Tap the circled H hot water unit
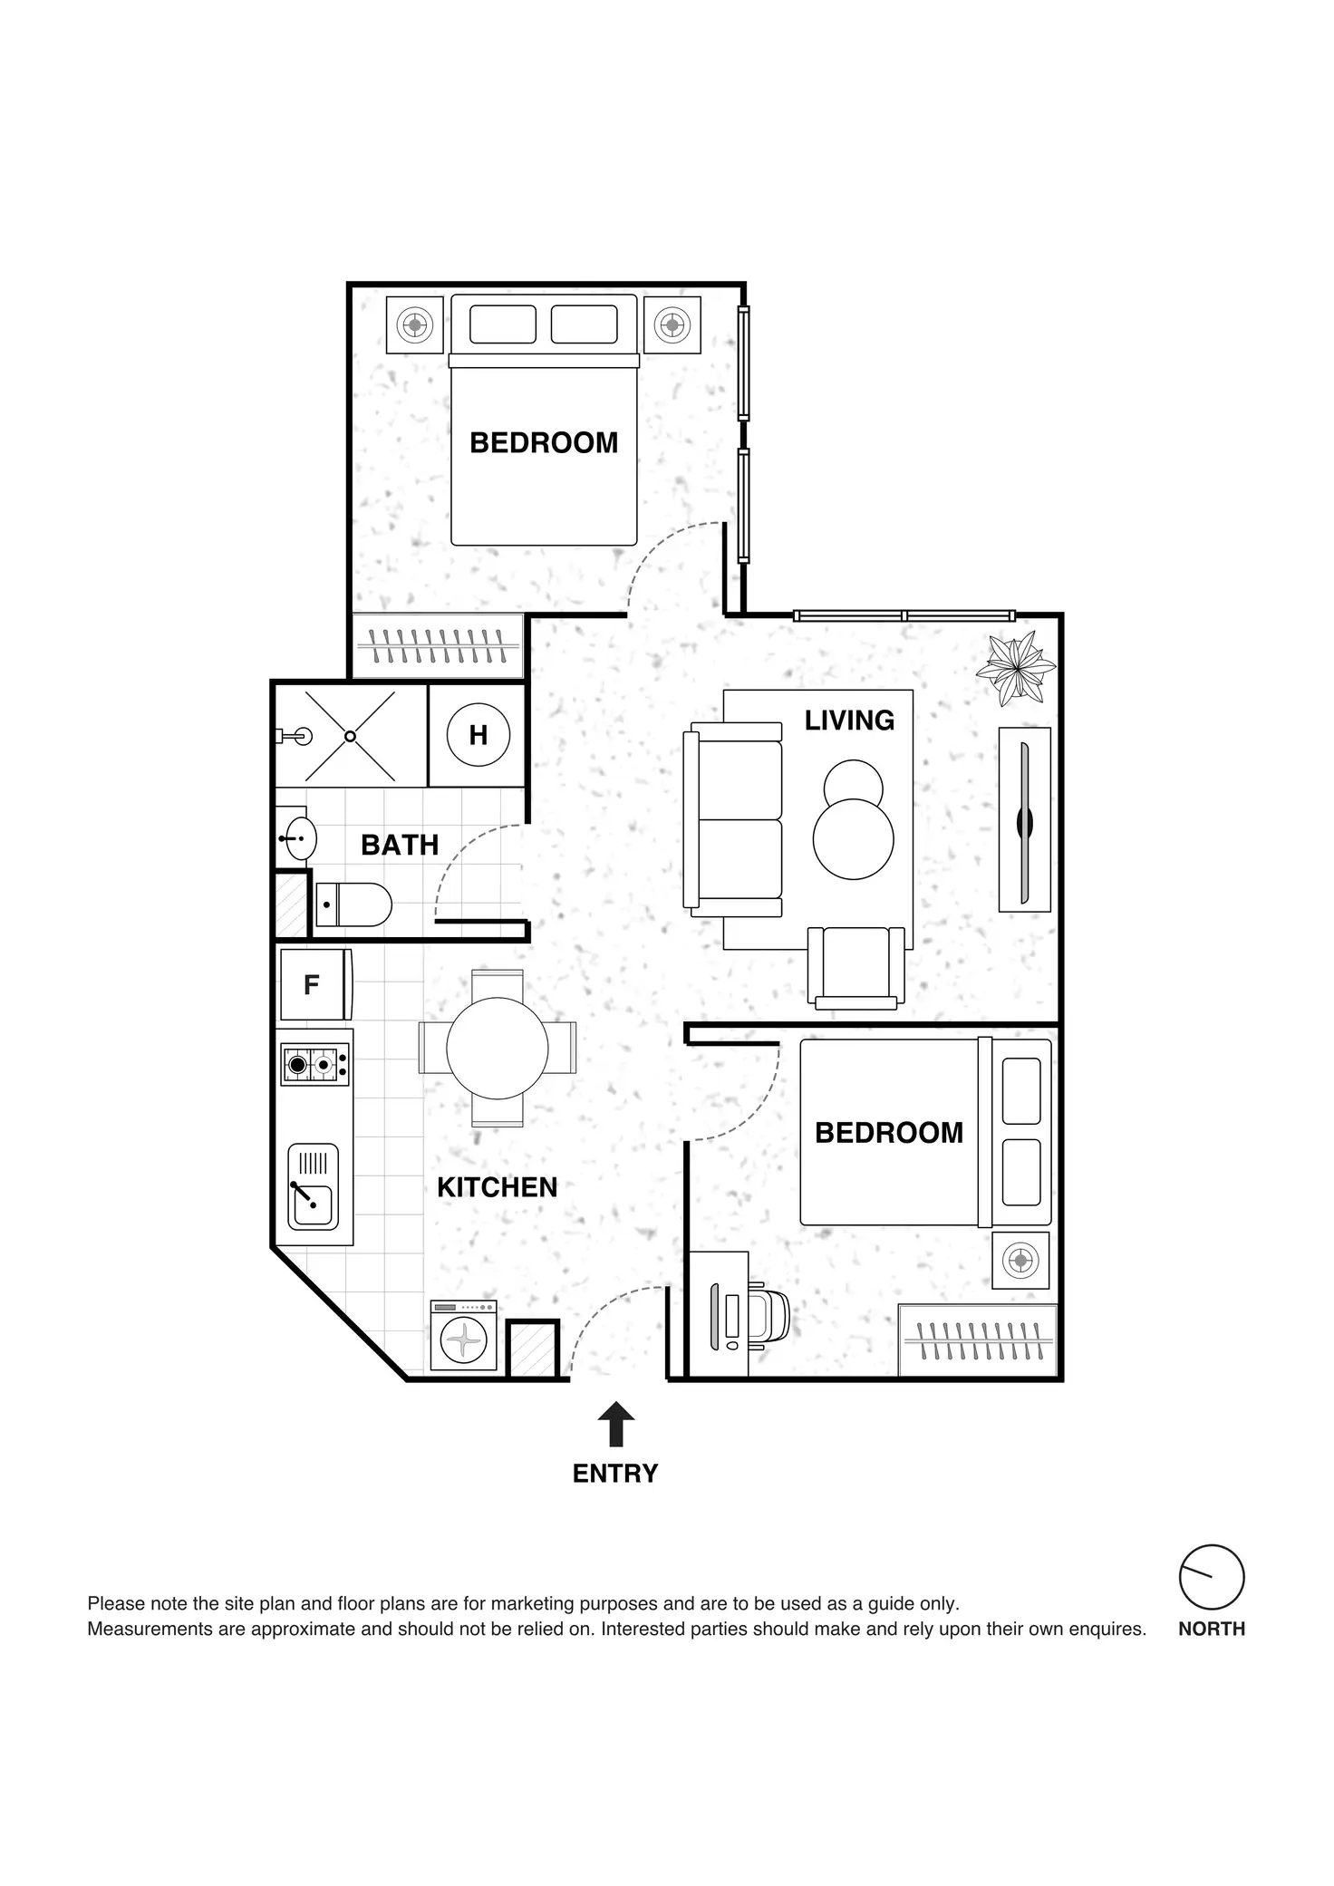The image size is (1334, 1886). point(478,735)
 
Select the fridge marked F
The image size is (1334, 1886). point(314,984)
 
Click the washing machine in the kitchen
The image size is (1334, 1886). point(463,1336)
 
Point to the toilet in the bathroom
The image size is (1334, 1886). point(354,904)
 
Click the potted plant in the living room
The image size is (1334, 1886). point(1015,669)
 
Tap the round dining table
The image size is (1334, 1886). point(497,1049)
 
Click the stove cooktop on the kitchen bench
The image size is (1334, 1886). point(315,1064)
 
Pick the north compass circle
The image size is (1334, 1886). point(1211,1577)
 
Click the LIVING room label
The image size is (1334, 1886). point(849,721)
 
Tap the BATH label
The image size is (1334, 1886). point(400,845)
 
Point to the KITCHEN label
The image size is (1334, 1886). point(497,1187)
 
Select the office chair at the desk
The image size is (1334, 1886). point(769,1315)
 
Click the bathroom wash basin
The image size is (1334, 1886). point(298,838)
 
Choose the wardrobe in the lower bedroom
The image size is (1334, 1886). point(978,1340)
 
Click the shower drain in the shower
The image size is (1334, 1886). point(350,736)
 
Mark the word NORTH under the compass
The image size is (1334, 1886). point(1211,1629)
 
